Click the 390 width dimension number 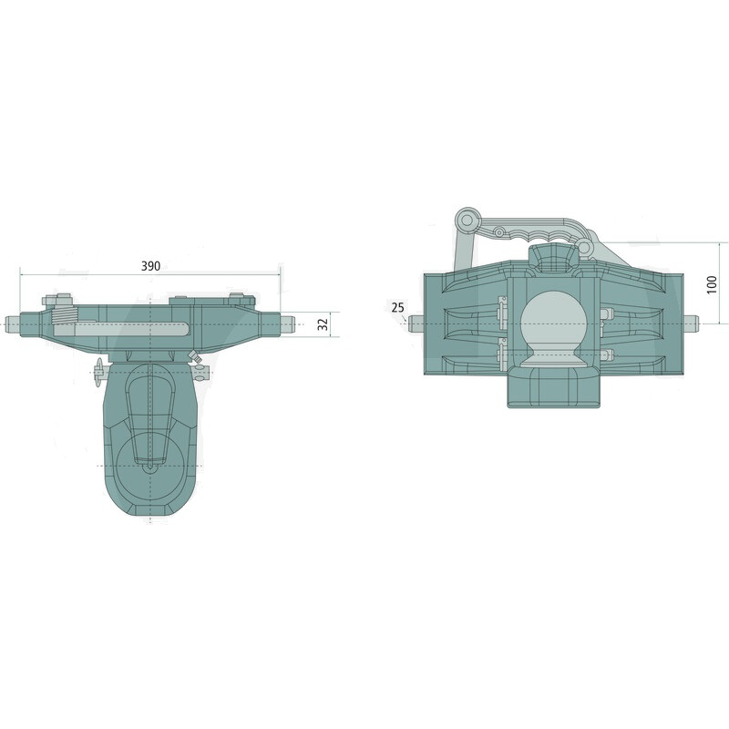pos(150,266)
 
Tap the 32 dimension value pos(323,324)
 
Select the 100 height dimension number pos(712,284)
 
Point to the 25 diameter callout pos(398,307)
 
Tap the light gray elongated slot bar pos(122,329)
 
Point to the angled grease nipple pos(193,357)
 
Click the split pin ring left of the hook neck pos(98,371)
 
